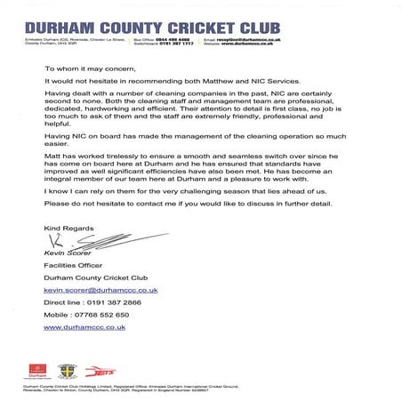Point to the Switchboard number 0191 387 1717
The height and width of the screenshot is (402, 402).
point(174,44)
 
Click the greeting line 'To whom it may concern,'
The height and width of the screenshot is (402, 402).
point(90,68)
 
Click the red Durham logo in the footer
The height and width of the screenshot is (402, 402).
point(36,370)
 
